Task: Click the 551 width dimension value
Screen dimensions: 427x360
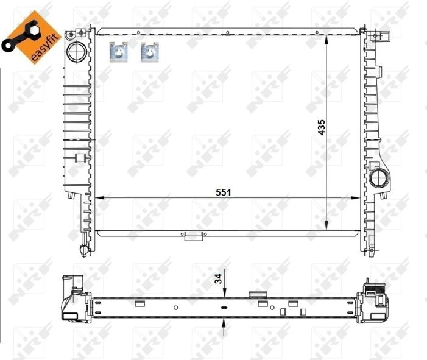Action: [x=223, y=192]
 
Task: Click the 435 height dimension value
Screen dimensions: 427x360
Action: [x=322, y=127]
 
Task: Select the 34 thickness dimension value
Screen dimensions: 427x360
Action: [x=218, y=278]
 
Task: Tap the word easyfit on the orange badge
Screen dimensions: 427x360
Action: [x=45, y=48]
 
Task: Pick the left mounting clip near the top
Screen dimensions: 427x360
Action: [x=119, y=52]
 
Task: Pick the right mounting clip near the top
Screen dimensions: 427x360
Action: [x=150, y=52]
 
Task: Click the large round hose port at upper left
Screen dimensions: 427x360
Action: [x=77, y=52]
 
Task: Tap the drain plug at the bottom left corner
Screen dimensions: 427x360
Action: [x=84, y=250]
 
